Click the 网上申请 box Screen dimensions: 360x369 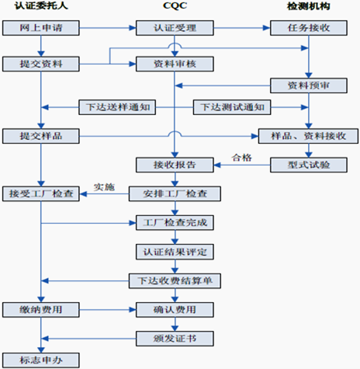pos(41,28)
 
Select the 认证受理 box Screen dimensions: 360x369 pos(175,28)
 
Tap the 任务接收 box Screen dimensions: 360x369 pos(309,28)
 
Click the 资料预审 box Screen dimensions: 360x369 pos(309,85)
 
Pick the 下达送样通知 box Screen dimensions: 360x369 pos(117,107)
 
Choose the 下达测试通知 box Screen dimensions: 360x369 pos(232,107)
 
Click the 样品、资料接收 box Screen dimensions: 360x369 pos(308,136)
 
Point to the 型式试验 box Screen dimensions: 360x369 pos(309,165)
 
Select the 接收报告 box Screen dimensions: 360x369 pos(175,165)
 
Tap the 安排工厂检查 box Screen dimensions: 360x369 pos(175,193)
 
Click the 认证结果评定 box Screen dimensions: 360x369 pos(175,252)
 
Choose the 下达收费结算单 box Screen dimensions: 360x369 pos(175,281)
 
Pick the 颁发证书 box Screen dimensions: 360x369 pos(175,339)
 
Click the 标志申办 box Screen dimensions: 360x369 pos(41,360)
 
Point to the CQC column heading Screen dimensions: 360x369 pos(175,5)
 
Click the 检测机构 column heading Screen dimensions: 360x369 pos(309,6)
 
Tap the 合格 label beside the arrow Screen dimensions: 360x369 pos(241,158)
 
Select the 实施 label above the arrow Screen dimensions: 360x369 pos(104,186)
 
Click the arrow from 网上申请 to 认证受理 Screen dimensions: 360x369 pos(108,28)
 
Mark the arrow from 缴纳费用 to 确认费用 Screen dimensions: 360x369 pos(108,310)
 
